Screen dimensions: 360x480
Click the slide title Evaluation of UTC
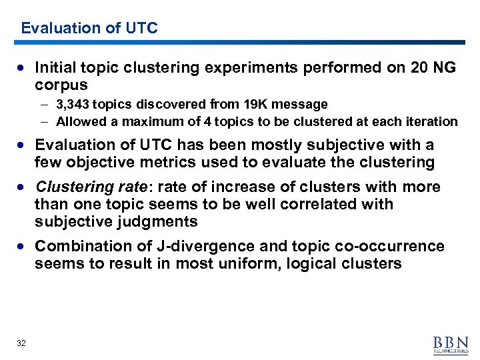click(x=89, y=28)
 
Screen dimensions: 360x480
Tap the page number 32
click(x=21, y=343)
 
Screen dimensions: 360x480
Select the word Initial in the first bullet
click(x=55, y=67)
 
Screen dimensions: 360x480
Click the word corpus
click(x=61, y=85)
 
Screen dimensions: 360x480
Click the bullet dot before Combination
click(x=24, y=246)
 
